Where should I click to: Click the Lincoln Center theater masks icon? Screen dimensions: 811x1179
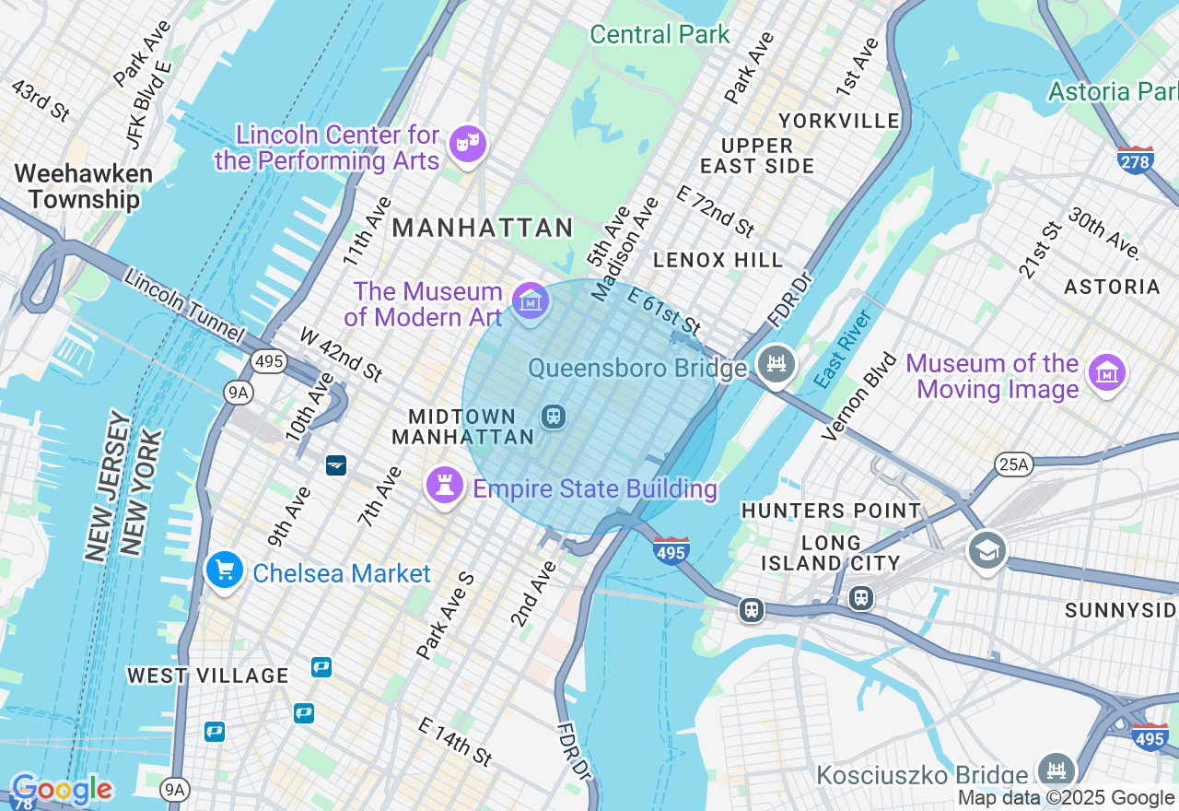pos(468,144)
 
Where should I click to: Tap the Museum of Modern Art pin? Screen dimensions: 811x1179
pos(531,300)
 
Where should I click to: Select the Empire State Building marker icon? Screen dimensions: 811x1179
pos(444,485)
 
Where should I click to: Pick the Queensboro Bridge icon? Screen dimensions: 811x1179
pos(776,363)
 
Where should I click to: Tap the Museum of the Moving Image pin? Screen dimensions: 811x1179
pos(1106,372)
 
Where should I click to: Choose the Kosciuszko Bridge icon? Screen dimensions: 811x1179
pos(1056,770)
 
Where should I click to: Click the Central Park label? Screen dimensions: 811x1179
pos(660,35)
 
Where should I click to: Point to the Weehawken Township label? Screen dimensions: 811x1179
pos(83,186)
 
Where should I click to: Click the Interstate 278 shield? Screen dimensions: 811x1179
pos(1135,159)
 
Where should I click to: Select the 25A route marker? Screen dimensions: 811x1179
pos(1013,464)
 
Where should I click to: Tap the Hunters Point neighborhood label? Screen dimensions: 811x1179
pos(831,511)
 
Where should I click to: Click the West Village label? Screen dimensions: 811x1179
pos(208,676)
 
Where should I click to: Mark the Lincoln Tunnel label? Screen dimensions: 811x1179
pos(184,305)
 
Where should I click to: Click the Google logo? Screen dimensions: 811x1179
pos(62,790)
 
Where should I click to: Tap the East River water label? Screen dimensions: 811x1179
pos(844,349)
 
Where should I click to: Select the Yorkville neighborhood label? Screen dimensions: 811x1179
pos(839,121)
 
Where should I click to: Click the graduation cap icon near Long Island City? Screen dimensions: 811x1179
pos(986,550)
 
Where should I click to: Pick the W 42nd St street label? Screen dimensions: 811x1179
pos(341,354)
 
